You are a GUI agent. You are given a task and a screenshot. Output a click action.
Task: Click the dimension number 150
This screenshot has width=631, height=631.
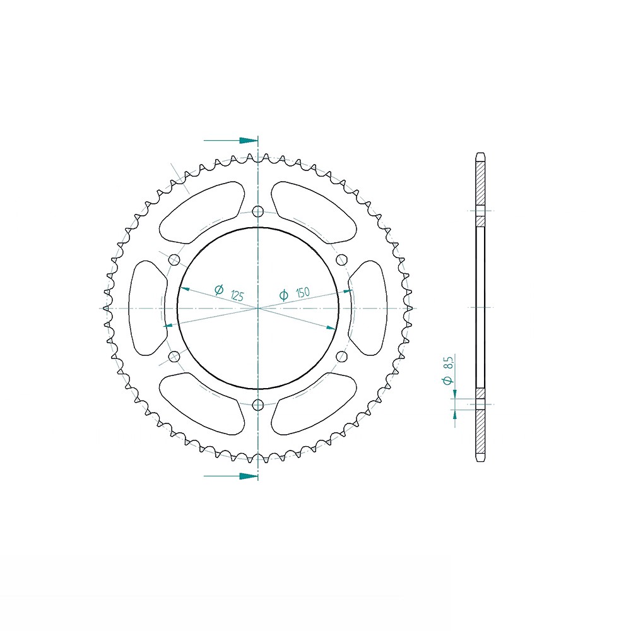[303, 293]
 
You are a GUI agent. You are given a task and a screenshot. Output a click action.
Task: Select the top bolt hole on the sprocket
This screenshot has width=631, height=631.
[257, 211]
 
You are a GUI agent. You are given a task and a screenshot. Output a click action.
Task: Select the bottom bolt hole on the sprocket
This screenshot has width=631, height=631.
[257, 405]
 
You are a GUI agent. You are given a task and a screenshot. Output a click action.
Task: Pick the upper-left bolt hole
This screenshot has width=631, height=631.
[174, 259]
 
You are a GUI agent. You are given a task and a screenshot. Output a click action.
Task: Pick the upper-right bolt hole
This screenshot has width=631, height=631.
[341, 259]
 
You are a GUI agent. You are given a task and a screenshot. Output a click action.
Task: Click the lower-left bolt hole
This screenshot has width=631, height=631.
[174, 356]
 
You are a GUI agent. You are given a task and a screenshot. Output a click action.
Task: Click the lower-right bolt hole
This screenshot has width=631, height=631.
[341, 356]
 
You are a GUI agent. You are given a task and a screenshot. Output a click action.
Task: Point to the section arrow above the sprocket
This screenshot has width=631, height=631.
[230, 141]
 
